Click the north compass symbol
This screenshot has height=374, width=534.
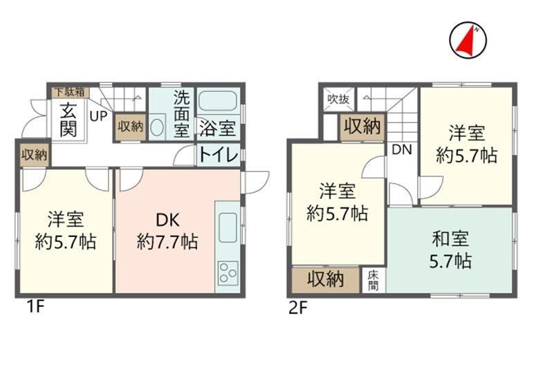468,40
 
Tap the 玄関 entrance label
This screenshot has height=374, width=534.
68,119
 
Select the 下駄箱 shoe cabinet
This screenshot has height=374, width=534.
71,92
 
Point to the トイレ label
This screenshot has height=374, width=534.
219,155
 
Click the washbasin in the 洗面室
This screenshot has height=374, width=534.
157,127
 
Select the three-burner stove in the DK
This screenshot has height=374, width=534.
228,272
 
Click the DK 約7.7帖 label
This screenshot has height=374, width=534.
167,232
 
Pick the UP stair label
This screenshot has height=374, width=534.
99,116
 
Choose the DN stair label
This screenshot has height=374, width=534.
402,150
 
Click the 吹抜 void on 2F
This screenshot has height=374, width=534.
338,99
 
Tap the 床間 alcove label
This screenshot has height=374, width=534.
374,281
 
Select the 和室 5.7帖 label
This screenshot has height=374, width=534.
450,250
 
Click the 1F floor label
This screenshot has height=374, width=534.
35,308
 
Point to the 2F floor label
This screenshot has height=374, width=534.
298,308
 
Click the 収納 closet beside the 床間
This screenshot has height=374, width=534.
326,280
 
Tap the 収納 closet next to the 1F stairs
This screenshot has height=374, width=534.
131,127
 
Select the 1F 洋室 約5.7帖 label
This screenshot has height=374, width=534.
66,230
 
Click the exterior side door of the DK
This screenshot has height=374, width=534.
255,183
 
